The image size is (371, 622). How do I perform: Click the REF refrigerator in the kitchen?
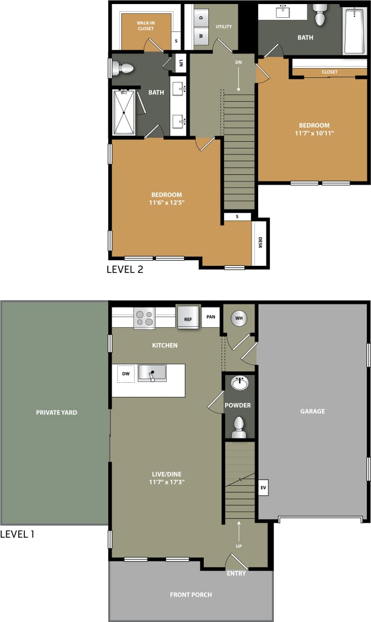tap(188, 318)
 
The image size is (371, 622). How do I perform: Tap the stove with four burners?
tap(144, 318)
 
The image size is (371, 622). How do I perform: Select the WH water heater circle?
tap(239, 319)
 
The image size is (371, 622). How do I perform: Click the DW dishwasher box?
tap(126, 374)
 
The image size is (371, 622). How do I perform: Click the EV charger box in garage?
tap(263, 488)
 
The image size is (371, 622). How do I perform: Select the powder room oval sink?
tap(239, 383)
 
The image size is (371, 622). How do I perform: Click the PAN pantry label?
tap(211, 317)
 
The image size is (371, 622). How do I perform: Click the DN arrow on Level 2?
tap(239, 76)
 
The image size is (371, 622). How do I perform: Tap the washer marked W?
tap(201, 36)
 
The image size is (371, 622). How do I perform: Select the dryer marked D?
tap(201, 18)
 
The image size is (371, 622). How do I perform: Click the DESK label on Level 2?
tap(260, 243)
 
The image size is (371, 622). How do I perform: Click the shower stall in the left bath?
tap(123, 112)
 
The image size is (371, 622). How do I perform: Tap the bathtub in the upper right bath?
tap(354, 30)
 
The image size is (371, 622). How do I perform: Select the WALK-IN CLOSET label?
tap(145, 25)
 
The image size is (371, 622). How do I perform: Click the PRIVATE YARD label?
tap(56, 413)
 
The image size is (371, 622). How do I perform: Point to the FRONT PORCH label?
tap(191, 595)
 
